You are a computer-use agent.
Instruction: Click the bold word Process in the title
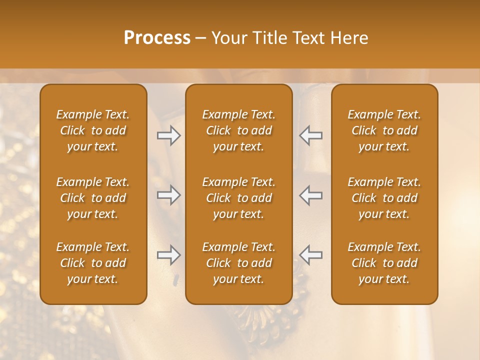(157, 38)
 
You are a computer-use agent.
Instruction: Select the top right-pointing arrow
(169, 135)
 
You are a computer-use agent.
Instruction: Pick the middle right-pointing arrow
(169, 195)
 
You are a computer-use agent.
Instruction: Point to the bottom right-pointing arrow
(169, 255)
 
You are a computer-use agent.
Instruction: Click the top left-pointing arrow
(311, 135)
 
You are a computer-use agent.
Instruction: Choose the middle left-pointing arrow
(311, 195)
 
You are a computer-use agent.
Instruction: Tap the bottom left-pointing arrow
(311, 255)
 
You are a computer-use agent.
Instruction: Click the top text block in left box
(93, 130)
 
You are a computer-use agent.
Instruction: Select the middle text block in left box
(93, 198)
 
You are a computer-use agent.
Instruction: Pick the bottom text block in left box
(93, 263)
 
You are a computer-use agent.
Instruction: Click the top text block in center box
(239, 130)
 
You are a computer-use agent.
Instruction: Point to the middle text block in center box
(239, 198)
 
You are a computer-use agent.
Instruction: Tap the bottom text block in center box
(239, 263)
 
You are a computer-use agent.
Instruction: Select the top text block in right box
(384, 130)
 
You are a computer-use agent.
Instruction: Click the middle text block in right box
(384, 198)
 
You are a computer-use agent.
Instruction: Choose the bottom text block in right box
(384, 263)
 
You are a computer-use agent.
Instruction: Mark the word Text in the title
(310, 38)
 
